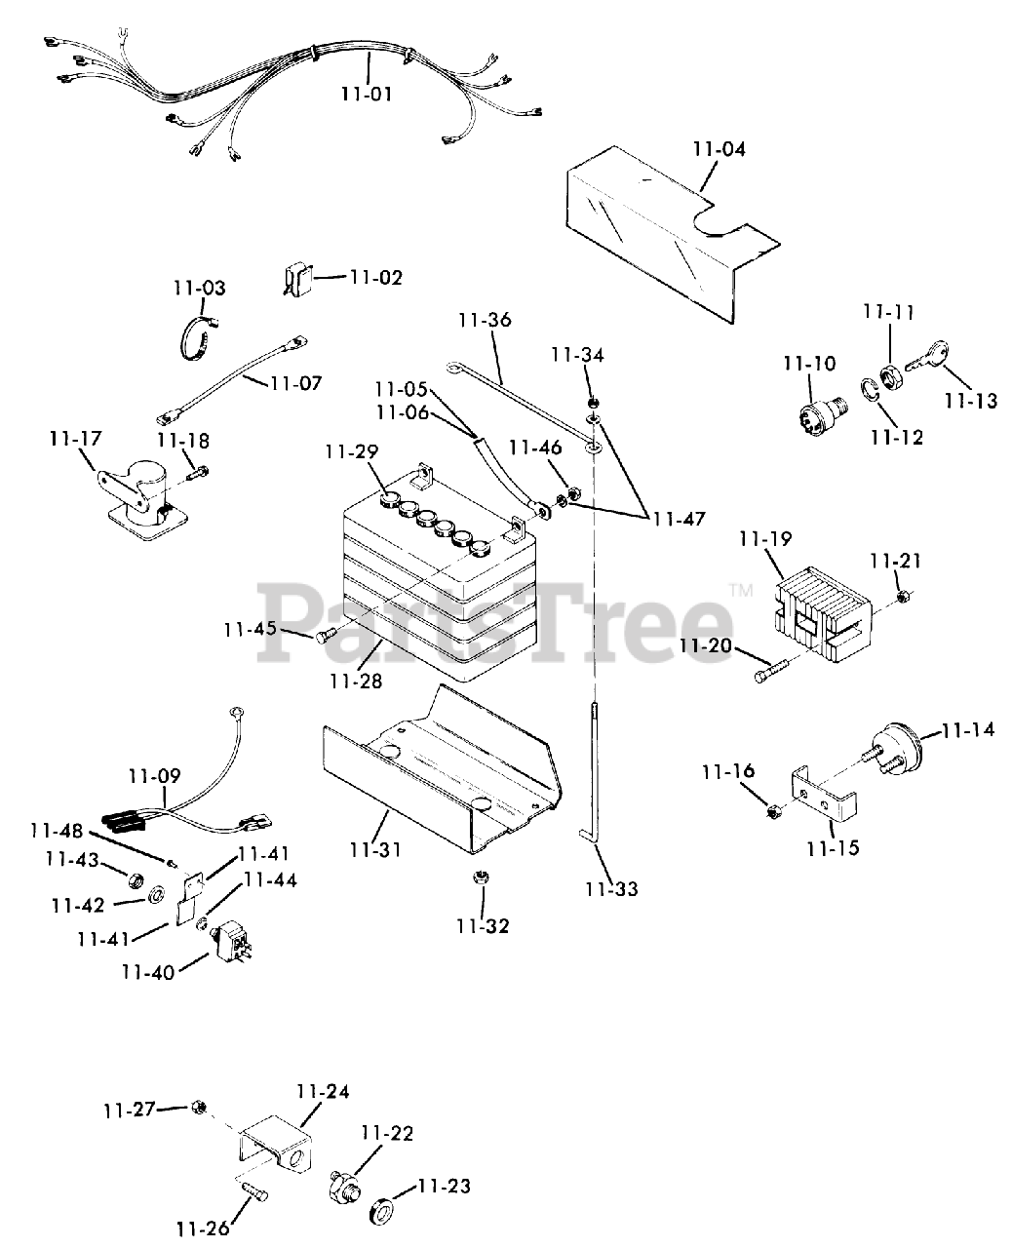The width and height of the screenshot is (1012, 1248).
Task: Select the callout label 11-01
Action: (367, 95)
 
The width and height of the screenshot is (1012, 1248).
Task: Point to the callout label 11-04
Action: (719, 150)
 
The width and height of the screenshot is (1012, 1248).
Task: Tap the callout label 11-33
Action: (610, 888)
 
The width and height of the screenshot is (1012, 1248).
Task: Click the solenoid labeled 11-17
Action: (136, 498)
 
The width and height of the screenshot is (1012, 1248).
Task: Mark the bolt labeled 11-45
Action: (325, 637)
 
